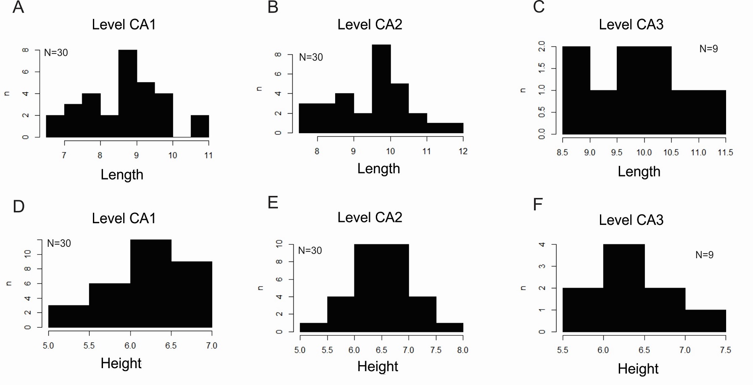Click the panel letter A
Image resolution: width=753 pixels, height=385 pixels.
[18, 7]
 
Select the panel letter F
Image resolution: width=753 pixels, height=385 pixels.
[538, 205]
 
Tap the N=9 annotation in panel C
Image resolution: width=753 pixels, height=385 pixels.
[708, 49]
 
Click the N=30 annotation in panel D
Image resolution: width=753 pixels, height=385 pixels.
[59, 243]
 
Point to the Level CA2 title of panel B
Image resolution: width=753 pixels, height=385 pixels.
[370, 24]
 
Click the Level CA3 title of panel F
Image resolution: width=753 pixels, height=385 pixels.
[631, 220]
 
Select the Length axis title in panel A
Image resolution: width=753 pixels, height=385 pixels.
[122, 175]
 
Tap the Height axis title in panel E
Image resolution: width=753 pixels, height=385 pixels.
[378, 366]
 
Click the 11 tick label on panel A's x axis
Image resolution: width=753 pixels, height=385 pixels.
[209, 155]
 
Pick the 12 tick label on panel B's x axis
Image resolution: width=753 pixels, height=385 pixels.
[463, 152]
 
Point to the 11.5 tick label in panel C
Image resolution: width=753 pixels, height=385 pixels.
[725, 152]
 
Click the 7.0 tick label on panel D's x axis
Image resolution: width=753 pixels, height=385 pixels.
[211, 346]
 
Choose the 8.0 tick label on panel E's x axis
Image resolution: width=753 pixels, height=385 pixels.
[462, 350]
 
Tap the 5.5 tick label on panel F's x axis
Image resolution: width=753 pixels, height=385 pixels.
[563, 350]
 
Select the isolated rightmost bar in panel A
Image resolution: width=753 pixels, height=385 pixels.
[200, 126]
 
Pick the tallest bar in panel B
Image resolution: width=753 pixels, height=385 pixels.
[381, 89]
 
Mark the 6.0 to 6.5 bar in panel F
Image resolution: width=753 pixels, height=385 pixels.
[624, 288]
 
